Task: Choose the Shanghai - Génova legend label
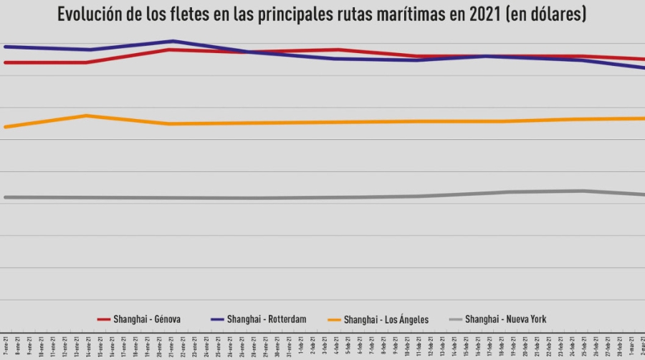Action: [x=148, y=319]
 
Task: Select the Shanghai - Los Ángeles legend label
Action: [x=386, y=319]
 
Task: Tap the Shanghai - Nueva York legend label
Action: [x=506, y=319]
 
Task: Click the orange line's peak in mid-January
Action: [x=86, y=115]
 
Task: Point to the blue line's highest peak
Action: [x=172, y=41]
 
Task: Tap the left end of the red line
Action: [x=5, y=62]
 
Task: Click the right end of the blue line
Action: [x=643, y=67]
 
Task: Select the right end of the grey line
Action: [x=643, y=194]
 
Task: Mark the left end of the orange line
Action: [x=5, y=127]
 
